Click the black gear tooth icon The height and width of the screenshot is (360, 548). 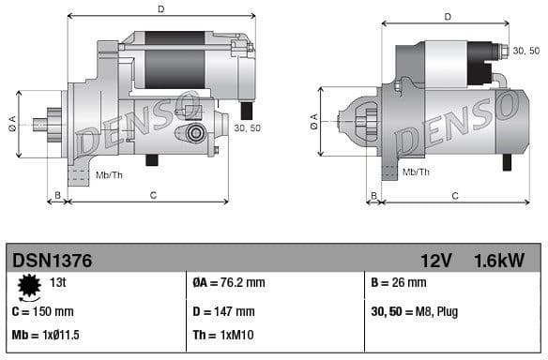click(29, 284)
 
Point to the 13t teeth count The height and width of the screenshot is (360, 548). click(58, 281)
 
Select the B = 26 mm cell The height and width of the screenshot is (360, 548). click(399, 282)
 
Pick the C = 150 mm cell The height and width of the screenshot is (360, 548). click(43, 310)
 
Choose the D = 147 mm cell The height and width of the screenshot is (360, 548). click(222, 311)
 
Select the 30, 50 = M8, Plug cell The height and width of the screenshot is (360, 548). click(416, 311)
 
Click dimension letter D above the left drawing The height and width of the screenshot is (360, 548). click(160, 9)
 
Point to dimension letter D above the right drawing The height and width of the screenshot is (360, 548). click(448, 17)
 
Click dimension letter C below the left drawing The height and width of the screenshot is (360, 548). click(153, 195)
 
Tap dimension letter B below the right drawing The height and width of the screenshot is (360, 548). click(373, 196)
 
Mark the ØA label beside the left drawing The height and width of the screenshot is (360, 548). click(13, 121)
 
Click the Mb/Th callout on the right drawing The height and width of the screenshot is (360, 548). click(415, 172)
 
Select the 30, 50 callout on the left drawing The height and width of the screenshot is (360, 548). click(247, 128)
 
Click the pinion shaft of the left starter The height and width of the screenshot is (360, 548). click(41, 123)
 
